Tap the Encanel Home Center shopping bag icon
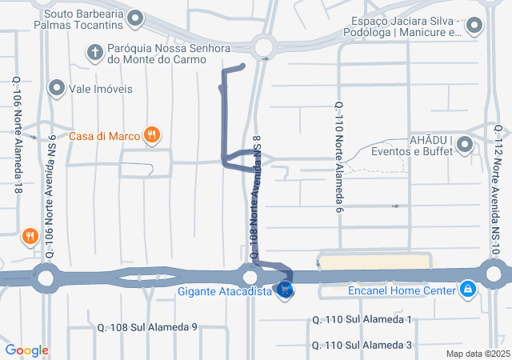[x=468, y=290]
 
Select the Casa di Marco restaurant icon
[x=151, y=135]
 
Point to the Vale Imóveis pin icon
[x=57, y=88]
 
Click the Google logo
[x=26, y=350]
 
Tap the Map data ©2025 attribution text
[x=478, y=354]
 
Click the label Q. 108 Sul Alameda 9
[x=147, y=326]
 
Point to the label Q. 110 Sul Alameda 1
[x=361, y=320]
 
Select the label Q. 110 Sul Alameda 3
[x=361, y=345]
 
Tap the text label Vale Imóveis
[x=102, y=88]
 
